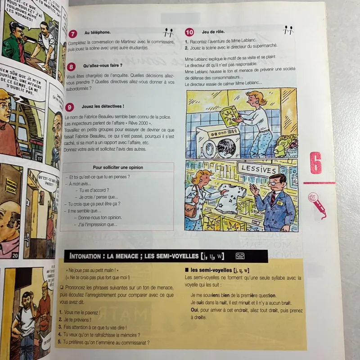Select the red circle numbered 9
coord(70,107)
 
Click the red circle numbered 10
coord(189,32)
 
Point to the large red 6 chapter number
coord(316,163)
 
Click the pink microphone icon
coord(317,203)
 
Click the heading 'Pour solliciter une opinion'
coord(117,167)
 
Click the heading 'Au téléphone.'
coord(97,32)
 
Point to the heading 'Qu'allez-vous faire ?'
coord(103,66)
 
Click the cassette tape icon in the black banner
coord(240,256)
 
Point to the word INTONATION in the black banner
coord(85,257)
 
